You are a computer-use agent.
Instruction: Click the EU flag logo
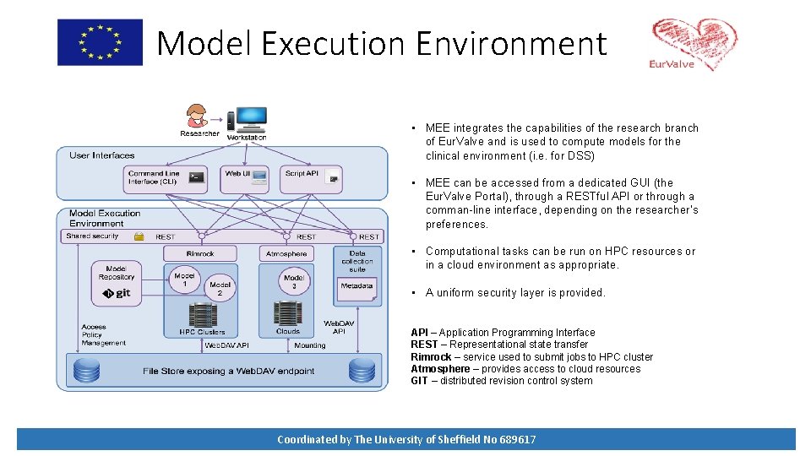[100, 42]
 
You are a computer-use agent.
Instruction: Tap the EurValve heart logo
[694, 45]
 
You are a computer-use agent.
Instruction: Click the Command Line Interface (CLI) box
[166, 177]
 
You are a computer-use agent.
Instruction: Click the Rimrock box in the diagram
[200, 253]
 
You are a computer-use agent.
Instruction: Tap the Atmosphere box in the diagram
[286, 253]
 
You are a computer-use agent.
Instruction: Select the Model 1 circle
[184, 280]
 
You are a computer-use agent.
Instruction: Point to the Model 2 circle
[220, 289]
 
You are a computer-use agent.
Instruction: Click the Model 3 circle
[294, 282]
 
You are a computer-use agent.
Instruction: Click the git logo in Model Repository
[117, 293]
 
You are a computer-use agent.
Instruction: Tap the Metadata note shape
[357, 286]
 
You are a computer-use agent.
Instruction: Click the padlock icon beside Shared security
[139, 236]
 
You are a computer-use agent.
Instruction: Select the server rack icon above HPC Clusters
[202, 315]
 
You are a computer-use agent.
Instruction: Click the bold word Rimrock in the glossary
[431, 356]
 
